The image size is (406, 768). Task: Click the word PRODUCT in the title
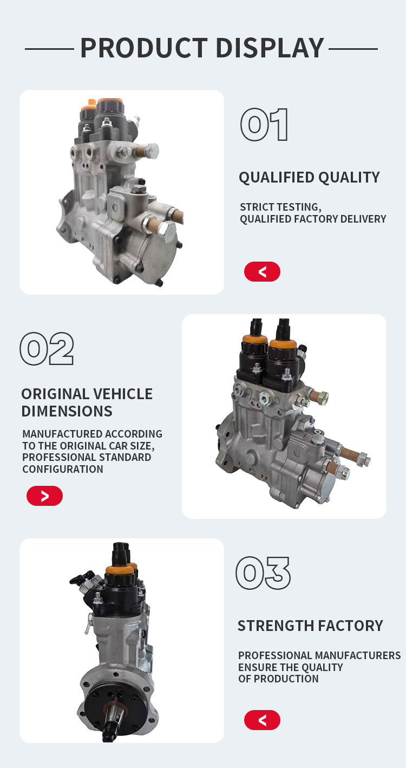[144, 48]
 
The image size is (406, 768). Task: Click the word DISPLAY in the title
[270, 48]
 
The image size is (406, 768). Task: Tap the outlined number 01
[264, 125]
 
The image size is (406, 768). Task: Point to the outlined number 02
[47, 348]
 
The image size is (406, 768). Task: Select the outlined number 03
[263, 573]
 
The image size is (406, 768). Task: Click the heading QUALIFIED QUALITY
[309, 177]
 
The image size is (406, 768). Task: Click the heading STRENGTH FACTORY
[310, 626]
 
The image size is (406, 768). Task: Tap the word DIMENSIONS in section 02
[67, 411]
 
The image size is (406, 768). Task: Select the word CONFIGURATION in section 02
[63, 469]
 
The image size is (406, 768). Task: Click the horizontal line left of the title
[49, 49]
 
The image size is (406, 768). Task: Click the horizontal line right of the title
[353, 49]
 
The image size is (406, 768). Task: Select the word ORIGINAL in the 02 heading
[54, 394]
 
